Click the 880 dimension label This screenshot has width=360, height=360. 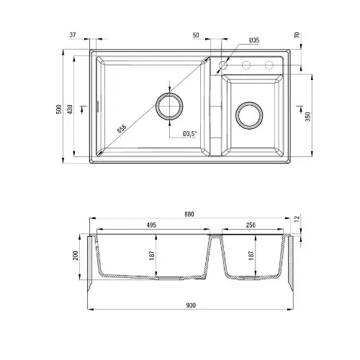coord(189,214)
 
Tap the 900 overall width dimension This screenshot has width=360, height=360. coord(191,305)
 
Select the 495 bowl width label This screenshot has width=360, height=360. coord(151,225)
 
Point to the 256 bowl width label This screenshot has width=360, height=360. coord(251,225)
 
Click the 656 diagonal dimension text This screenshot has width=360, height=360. coord(122,129)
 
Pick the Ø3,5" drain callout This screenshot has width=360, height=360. coord(189,133)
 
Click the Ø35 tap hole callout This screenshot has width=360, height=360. coord(254,40)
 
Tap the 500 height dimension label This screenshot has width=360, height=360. coord(59,109)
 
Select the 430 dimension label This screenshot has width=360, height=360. coord(70,109)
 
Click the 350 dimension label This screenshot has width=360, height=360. coord(308,117)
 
